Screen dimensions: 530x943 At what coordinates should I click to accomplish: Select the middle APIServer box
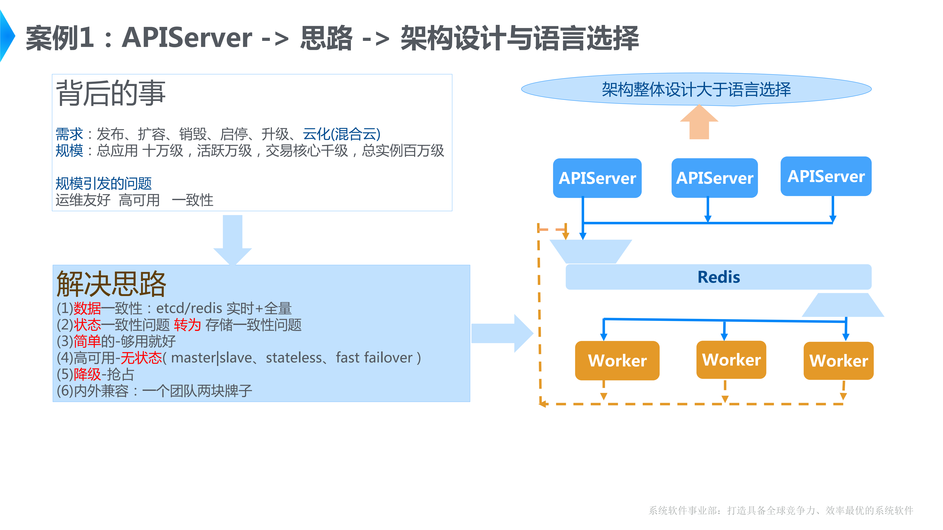click(714, 178)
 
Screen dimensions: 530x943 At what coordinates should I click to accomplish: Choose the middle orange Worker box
click(731, 360)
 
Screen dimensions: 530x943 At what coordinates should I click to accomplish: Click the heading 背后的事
click(111, 94)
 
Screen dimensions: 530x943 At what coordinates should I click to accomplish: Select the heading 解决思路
click(111, 284)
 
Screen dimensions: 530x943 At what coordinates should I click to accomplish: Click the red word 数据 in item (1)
click(87, 308)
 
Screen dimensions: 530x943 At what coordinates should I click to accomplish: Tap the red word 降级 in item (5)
click(87, 374)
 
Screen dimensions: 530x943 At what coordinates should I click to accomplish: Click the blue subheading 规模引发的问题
click(104, 183)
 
